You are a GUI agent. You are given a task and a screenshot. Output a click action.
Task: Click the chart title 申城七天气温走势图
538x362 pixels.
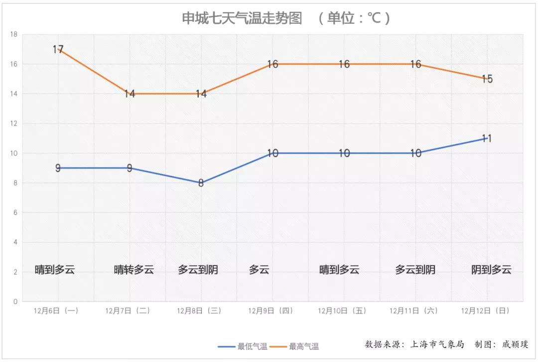tap(242, 18)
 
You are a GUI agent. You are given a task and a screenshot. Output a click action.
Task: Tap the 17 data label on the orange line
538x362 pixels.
tap(58, 49)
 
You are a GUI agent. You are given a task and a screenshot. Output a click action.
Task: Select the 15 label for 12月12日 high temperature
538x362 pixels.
tap(487, 79)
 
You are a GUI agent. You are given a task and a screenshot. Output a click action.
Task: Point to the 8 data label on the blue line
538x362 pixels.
tap(201, 183)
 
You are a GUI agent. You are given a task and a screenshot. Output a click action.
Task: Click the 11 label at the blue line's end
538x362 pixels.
tap(487, 138)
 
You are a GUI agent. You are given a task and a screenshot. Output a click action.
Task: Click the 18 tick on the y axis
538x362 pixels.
tap(14, 34)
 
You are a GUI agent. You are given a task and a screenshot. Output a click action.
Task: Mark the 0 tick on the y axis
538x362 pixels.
tap(15, 301)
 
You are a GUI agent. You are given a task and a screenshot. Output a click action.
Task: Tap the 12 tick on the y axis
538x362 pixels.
tap(14, 123)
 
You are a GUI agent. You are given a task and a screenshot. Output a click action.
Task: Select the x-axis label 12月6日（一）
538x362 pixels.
tap(56, 311)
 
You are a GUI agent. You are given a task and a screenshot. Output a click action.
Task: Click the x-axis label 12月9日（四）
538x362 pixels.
tap(271, 311)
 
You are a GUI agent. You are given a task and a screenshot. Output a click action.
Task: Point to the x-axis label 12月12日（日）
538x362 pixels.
tap(486, 311)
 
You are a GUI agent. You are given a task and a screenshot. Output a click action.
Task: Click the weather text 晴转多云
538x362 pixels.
tap(134, 270)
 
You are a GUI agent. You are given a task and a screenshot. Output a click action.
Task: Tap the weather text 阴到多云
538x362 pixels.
tap(491, 270)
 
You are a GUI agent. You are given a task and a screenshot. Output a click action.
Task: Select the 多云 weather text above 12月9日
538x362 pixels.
tap(259, 270)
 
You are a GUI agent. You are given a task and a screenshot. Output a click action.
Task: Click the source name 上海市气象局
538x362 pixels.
tap(437, 344)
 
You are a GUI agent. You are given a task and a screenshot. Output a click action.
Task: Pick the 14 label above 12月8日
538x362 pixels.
tap(201, 93)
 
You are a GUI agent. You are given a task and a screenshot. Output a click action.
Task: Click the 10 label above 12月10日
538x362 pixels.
tap(344, 153)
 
